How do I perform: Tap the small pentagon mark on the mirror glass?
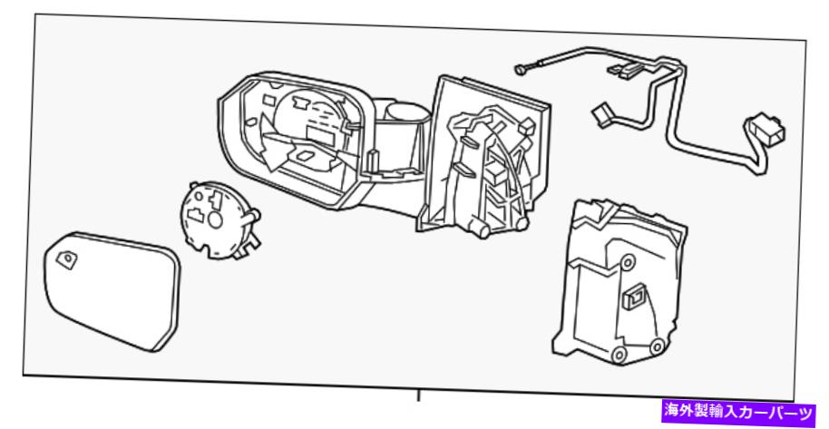pos(67,259)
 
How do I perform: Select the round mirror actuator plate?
pos(219,220)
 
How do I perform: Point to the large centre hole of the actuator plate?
pos(215,219)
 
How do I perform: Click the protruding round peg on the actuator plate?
pos(254,215)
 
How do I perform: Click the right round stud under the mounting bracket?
pos(521,224)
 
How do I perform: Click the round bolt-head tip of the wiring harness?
pos(519,68)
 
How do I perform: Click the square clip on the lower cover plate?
pos(633,297)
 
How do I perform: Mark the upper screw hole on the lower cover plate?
pos(628,262)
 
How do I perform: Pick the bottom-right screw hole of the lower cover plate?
pos(656,347)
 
